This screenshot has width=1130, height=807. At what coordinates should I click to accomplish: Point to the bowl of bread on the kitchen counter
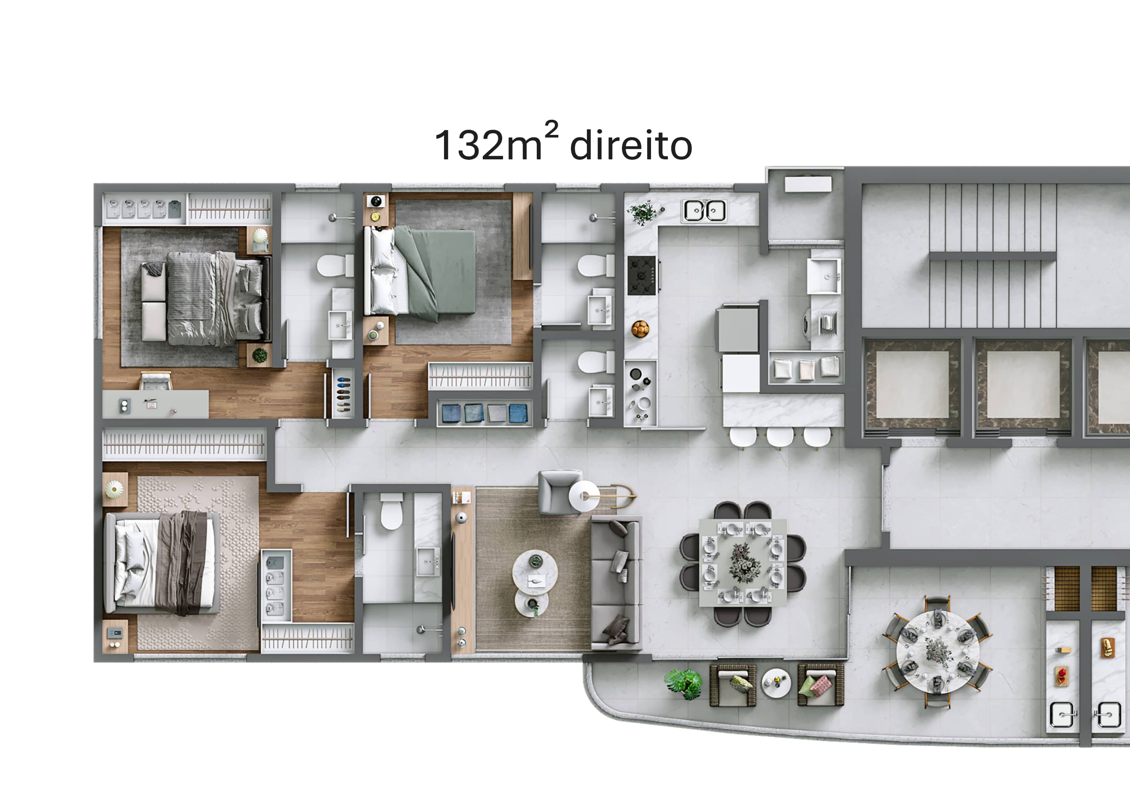click(x=640, y=329)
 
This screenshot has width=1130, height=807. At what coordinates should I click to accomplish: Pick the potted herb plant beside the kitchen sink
click(x=643, y=212)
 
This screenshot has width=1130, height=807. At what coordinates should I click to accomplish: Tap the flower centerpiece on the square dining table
click(x=743, y=563)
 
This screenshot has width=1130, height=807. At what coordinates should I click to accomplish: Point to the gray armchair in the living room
click(x=560, y=492)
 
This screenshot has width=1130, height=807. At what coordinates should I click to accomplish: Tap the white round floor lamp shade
click(x=584, y=496)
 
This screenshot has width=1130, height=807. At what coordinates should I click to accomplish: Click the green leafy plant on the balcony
click(x=684, y=683)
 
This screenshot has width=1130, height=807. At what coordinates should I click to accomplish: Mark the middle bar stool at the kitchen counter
click(x=780, y=437)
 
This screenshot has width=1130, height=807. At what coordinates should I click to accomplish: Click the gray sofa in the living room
click(x=616, y=583)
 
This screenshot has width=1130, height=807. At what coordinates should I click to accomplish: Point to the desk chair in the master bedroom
click(x=156, y=381)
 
